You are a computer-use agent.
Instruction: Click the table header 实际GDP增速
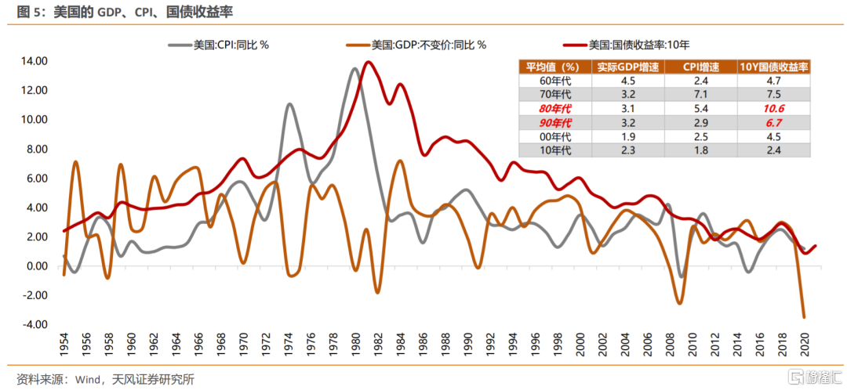[x=628, y=67]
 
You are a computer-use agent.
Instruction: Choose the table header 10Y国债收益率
[x=773, y=67]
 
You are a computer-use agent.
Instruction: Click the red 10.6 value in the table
[x=773, y=109]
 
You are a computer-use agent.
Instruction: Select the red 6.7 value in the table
[x=773, y=123]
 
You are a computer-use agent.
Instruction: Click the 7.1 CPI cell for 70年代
[x=701, y=95]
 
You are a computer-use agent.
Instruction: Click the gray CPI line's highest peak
[x=354, y=69]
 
